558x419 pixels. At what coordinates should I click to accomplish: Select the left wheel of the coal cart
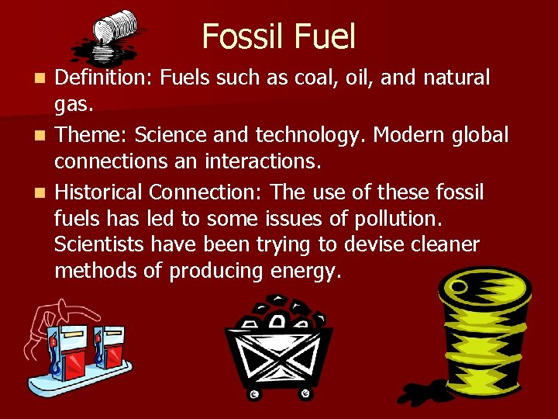pyautogui.click(x=253, y=395)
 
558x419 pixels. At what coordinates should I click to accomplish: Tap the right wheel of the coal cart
pyautogui.click(x=306, y=395)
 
